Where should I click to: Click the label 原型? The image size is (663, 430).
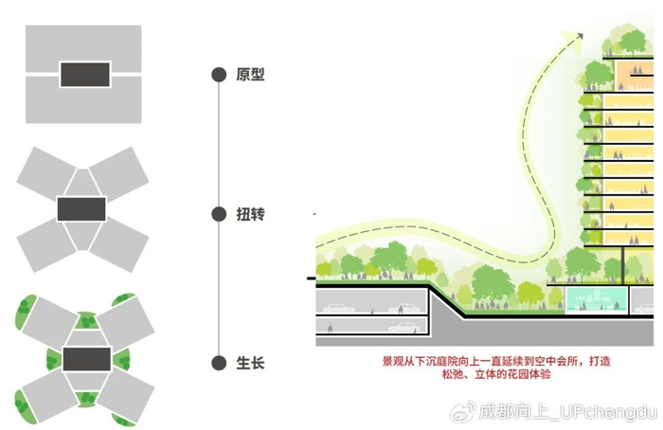coord(250,74)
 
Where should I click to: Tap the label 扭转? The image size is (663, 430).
coord(250,215)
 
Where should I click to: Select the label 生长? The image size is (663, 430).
coord(250,362)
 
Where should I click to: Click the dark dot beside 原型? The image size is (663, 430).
coord(218,74)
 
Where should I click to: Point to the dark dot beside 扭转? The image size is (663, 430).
coord(218,215)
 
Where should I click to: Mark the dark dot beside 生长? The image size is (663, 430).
coord(218,362)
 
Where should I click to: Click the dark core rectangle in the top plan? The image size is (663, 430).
coord(84,73)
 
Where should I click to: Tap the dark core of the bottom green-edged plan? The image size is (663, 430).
coord(83,360)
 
